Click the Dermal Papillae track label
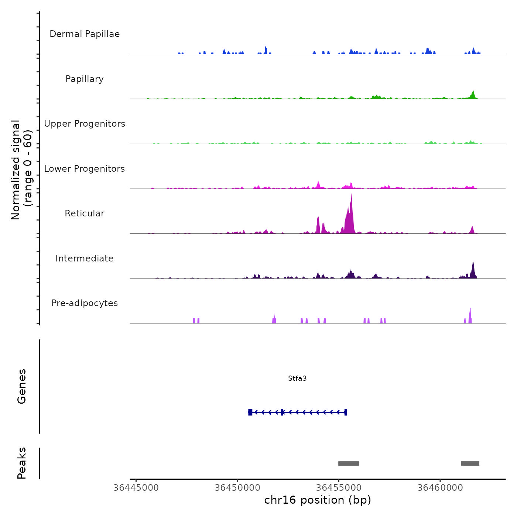click(x=85, y=34)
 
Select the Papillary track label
click(x=85, y=79)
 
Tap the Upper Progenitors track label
click(x=85, y=124)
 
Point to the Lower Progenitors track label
click(x=85, y=169)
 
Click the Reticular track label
click(x=85, y=213)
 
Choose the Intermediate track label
click(x=85, y=258)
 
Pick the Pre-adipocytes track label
click(x=85, y=303)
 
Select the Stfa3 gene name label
click(x=297, y=379)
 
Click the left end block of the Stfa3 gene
click(x=250, y=412)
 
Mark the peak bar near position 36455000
click(x=349, y=463)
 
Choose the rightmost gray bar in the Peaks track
click(x=470, y=463)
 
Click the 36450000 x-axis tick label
click(x=237, y=488)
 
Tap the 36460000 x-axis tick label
click(x=440, y=488)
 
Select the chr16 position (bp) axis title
click(x=318, y=500)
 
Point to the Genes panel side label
click(x=22, y=386)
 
